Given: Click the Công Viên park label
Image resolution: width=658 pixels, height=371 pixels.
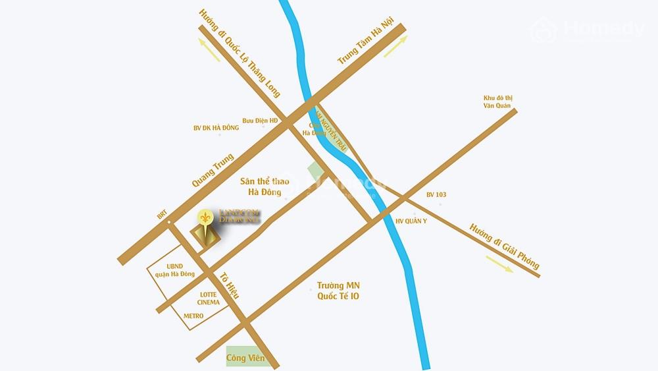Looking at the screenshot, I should [x=245, y=358].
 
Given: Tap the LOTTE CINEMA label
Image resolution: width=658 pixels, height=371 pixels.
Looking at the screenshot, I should [x=209, y=299].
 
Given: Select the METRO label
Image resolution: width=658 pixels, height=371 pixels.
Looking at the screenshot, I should [x=193, y=316].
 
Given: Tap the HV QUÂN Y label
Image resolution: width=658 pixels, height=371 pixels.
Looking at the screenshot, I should [x=412, y=221].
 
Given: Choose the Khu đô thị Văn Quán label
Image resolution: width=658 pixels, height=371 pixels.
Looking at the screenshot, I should [x=497, y=101].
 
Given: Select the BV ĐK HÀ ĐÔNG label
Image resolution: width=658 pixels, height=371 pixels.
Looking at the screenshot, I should [x=216, y=128].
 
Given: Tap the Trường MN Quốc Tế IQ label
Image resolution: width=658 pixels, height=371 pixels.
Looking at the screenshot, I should [x=338, y=291].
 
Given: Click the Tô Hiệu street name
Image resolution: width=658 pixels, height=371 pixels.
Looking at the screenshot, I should [x=229, y=285].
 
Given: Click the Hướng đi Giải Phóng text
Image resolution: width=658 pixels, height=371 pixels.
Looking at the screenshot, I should [x=504, y=246].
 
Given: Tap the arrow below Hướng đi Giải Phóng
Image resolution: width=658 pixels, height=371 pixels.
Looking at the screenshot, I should [x=500, y=263].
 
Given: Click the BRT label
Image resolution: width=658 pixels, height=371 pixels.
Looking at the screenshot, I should [x=162, y=215].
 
